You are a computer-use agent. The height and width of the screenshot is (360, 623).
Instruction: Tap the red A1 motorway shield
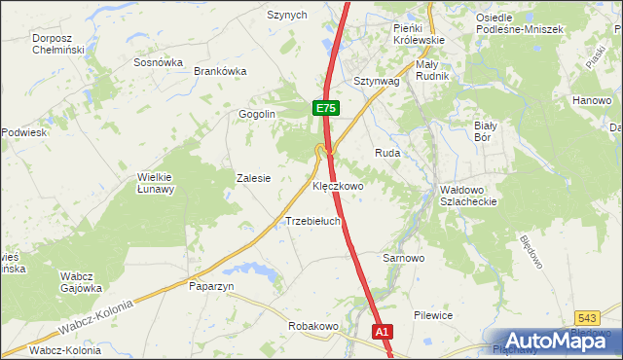[384, 332]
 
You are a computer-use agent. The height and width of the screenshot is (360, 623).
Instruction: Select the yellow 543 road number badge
[586, 317]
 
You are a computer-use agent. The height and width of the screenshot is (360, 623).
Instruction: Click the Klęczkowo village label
[338, 185]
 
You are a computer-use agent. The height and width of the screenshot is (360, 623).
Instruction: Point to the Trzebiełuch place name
[312, 221]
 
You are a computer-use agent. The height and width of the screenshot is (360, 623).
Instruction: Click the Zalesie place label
[253, 179]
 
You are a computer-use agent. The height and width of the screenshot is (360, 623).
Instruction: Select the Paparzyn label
[211, 287]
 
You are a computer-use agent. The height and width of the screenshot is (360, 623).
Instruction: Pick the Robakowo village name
[312, 326]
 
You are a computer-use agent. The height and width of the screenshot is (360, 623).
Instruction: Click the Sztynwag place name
[377, 82]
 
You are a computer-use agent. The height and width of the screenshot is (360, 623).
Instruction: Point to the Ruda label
[388, 153]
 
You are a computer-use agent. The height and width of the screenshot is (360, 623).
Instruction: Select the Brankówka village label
[221, 71]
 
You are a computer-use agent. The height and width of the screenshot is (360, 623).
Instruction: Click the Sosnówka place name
[159, 61]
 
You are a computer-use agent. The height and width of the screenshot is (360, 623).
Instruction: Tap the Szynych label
[287, 16]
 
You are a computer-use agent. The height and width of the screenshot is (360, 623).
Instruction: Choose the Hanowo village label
[591, 100]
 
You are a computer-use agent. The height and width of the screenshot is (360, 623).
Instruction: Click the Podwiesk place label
[24, 132]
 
